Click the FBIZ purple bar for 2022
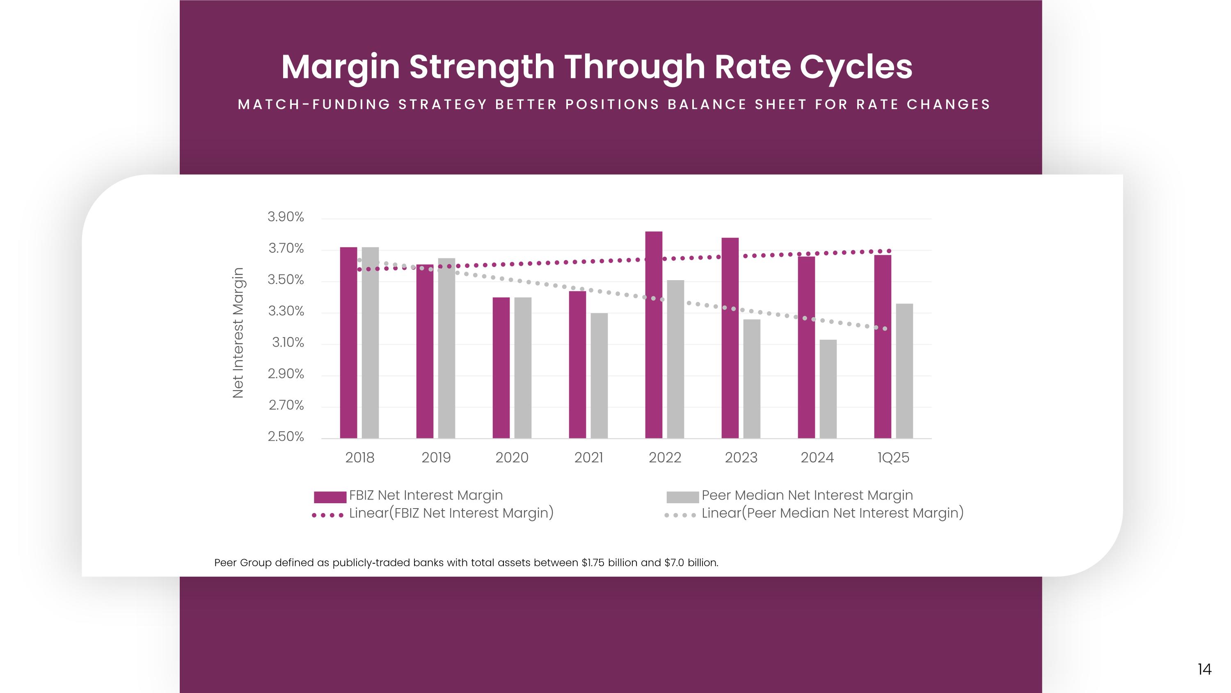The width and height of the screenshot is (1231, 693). [x=653, y=335]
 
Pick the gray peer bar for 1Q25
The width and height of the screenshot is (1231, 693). [x=904, y=371]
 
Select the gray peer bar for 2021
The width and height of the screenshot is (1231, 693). [x=599, y=375]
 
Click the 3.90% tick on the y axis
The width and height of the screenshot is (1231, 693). [x=285, y=217]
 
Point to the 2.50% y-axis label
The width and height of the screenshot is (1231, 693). [x=285, y=437]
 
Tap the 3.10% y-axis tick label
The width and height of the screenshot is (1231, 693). [x=288, y=343]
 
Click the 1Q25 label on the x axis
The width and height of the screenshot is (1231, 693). [x=893, y=458]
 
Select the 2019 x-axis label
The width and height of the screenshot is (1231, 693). [x=436, y=458]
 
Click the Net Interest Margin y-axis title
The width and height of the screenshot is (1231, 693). [x=238, y=332]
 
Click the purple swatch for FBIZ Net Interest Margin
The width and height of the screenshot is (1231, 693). [x=330, y=497]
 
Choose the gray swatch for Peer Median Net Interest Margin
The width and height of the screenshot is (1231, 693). [x=682, y=497]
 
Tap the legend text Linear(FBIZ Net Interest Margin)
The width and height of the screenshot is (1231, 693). [x=451, y=513]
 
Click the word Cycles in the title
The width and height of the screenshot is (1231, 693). [x=856, y=67]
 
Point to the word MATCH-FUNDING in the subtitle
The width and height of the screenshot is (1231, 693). [x=314, y=105]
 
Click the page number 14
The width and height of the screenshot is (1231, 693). [x=1204, y=669]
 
